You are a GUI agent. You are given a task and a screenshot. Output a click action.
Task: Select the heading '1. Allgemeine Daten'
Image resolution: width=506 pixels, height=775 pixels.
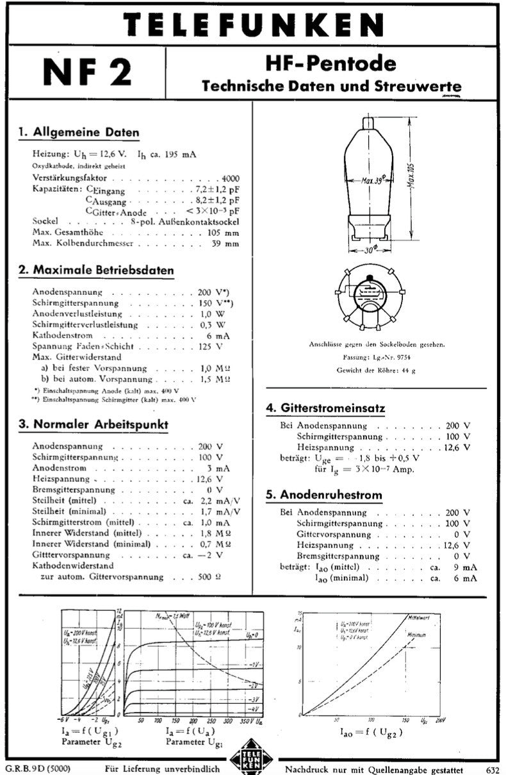point(79,133)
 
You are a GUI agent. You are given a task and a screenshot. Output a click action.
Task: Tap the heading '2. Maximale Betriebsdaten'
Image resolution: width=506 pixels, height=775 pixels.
point(96,271)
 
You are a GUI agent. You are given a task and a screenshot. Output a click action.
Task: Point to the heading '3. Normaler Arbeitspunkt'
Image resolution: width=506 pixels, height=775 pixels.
point(94,424)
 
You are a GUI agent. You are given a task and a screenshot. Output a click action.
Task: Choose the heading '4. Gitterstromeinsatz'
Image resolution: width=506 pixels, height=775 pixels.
point(325,408)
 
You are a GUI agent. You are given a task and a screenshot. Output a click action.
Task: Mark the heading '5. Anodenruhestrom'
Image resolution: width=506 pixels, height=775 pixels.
point(323,495)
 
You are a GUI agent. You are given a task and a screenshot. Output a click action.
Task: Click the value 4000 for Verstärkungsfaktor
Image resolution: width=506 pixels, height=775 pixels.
point(230,178)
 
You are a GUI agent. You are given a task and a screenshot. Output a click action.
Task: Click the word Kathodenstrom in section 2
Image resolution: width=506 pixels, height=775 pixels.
point(62,335)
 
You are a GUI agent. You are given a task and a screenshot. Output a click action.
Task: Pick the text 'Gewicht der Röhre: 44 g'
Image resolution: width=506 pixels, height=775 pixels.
point(375,371)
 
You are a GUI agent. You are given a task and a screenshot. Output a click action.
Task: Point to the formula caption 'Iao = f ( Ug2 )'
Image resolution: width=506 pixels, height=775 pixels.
point(371,731)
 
